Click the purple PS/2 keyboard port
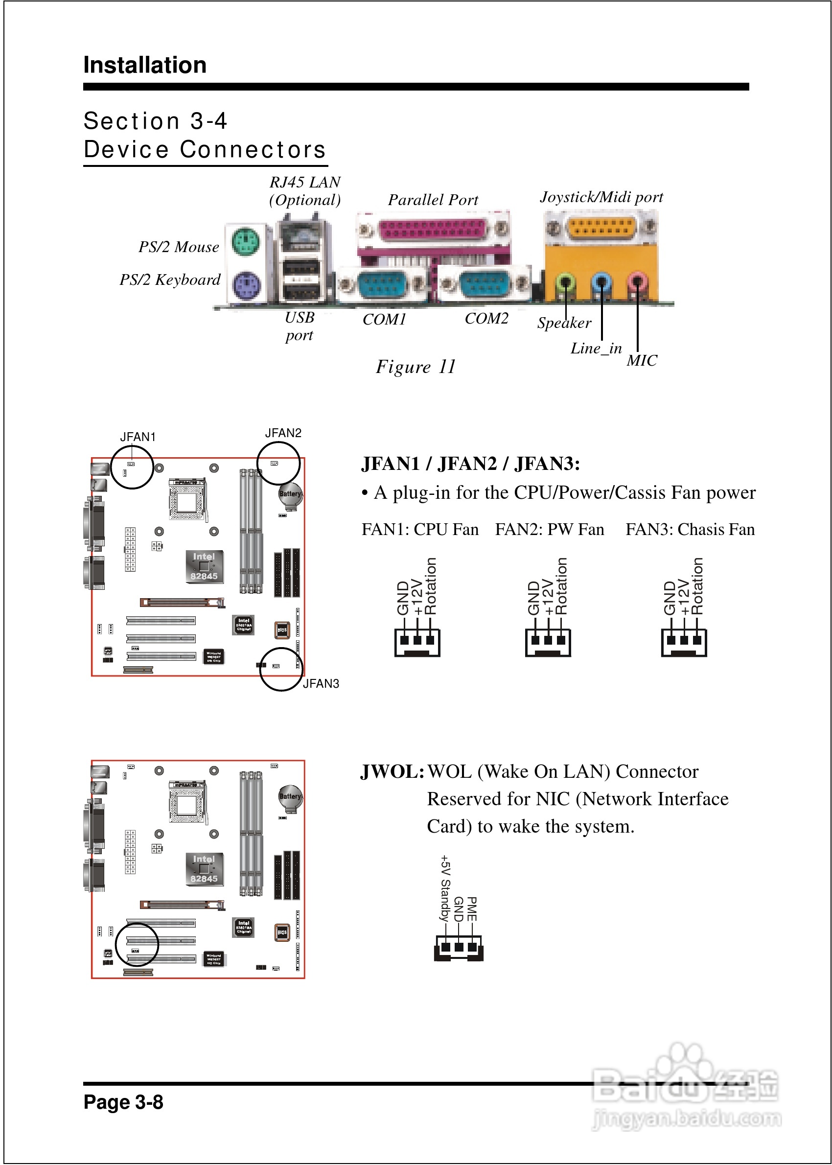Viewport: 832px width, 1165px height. coord(245,286)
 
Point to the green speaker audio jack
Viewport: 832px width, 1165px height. coord(565,282)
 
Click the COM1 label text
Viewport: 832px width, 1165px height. coord(384,320)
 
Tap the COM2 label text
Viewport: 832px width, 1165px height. coord(486,319)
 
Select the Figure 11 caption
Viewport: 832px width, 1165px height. coord(416,367)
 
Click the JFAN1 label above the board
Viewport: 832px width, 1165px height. coord(138,437)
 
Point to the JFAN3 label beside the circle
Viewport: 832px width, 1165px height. coord(321,684)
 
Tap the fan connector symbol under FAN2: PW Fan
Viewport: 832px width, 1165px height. coord(548,641)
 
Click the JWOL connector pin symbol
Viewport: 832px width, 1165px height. coord(459,948)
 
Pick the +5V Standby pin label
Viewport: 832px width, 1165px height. coord(445,888)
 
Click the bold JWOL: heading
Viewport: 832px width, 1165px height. coord(392,772)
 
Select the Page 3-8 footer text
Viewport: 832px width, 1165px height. coord(123,1102)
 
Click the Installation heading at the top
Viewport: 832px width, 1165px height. coord(145,66)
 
